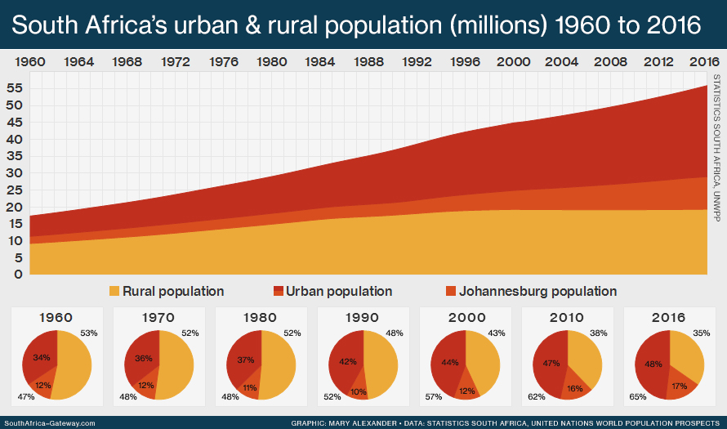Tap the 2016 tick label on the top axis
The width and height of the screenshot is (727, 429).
[x=703, y=62]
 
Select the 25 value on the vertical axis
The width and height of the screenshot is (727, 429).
[x=13, y=190]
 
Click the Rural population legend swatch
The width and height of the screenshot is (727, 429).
[x=114, y=292]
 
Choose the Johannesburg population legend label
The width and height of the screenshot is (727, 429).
[x=537, y=292]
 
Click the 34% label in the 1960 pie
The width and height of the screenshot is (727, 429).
[x=42, y=357]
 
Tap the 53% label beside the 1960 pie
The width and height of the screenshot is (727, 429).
[x=89, y=333]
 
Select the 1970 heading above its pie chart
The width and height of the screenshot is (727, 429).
[x=159, y=318]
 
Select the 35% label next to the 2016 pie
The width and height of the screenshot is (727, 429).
[x=702, y=333]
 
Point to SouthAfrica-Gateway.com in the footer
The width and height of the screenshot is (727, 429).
[x=49, y=423]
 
